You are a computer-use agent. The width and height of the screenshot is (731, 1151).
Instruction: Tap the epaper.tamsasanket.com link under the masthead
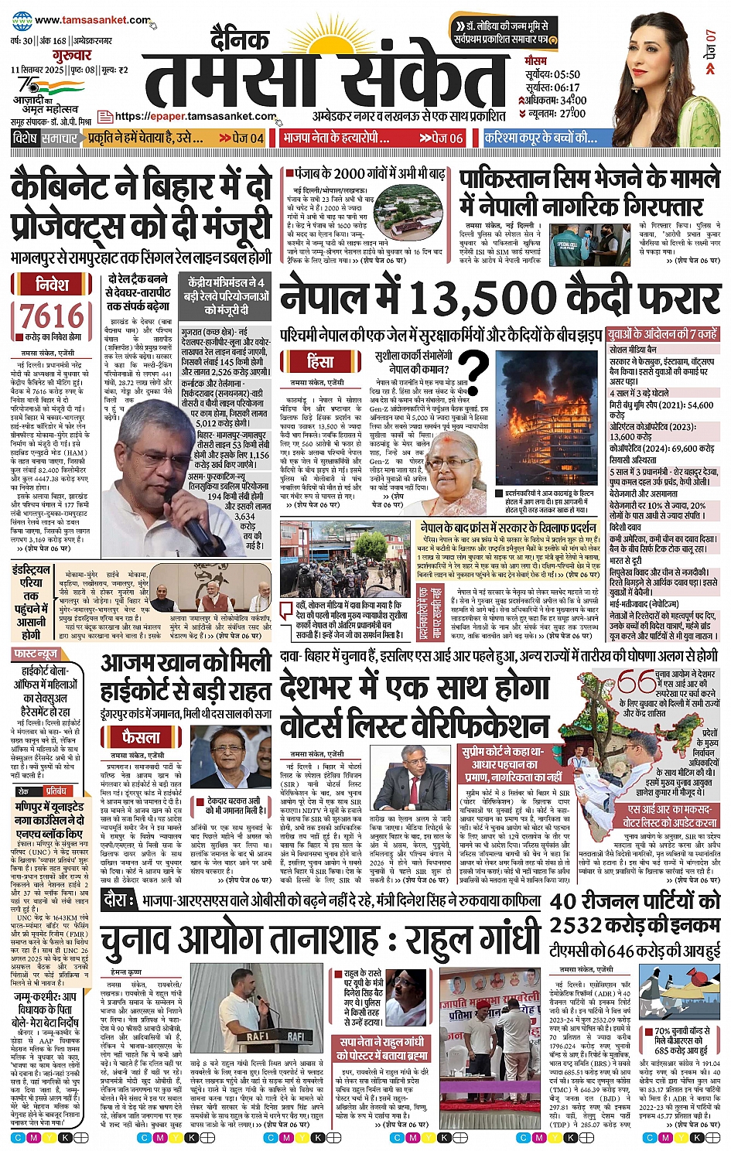click(x=195, y=117)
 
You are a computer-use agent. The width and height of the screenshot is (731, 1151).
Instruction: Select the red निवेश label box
click(x=52, y=284)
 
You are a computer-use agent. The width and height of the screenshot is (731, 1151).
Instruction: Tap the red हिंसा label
click(x=319, y=361)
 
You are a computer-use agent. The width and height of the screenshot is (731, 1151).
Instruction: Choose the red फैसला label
click(x=140, y=736)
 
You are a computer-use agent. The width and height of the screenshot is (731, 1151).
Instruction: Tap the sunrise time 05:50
click(x=563, y=74)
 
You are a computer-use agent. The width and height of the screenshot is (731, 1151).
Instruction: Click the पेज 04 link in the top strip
click(x=242, y=138)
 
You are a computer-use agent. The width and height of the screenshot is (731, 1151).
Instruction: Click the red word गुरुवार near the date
click(x=72, y=56)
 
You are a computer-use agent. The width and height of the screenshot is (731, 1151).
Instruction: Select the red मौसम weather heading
click(x=535, y=60)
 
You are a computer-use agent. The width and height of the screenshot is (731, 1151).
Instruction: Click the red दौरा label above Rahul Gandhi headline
click(x=115, y=900)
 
